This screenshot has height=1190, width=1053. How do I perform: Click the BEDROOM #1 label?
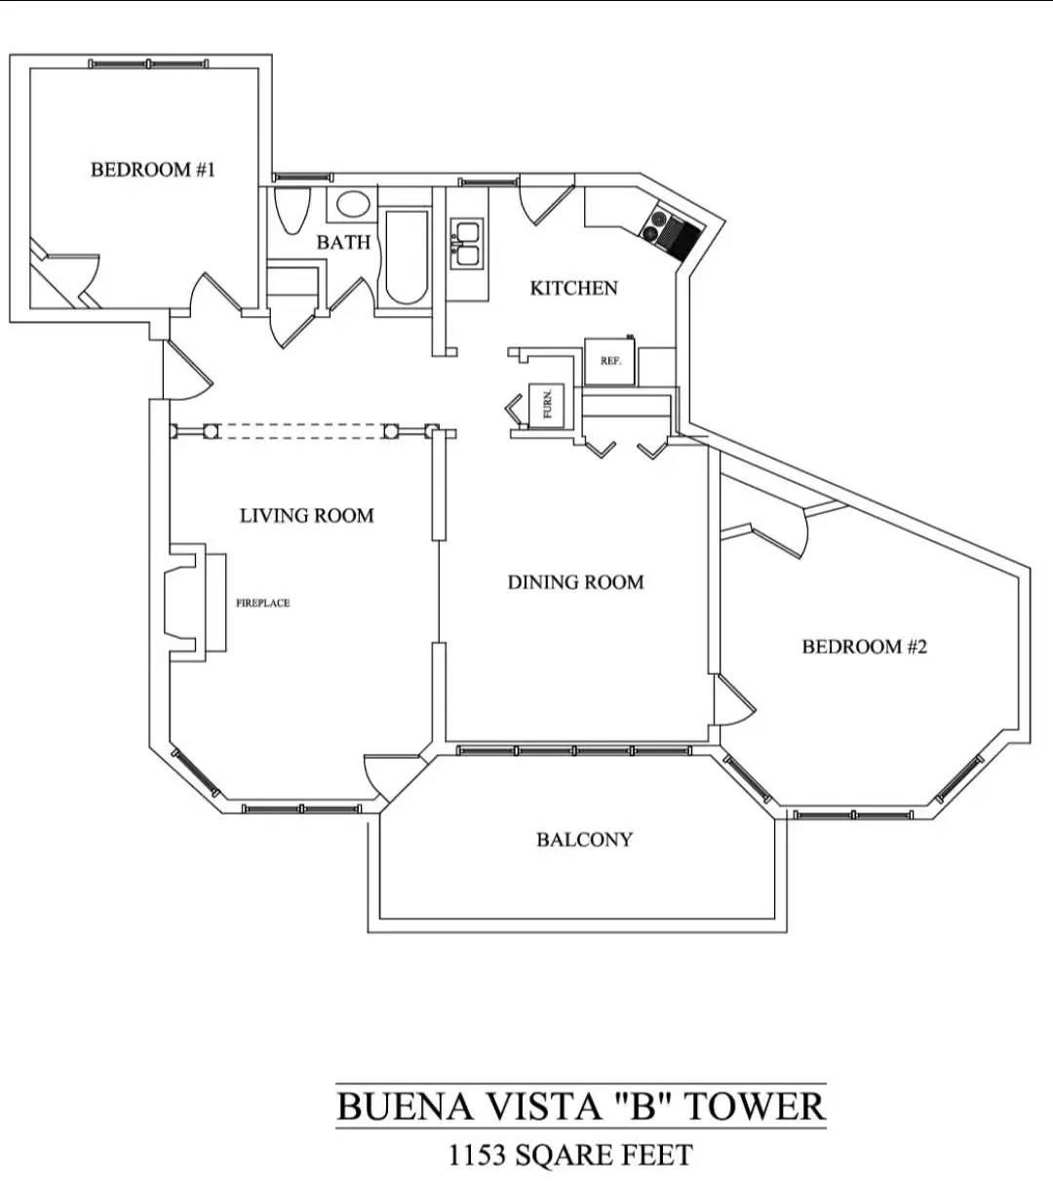(x=153, y=170)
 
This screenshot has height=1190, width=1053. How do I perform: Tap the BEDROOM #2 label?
(x=864, y=647)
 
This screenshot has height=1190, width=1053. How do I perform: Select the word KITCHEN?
(x=573, y=288)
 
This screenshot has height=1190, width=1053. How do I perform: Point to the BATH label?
(x=343, y=242)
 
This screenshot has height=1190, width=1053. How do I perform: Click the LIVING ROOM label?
(x=306, y=515)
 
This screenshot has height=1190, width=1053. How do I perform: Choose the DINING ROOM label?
(x=575, y=582)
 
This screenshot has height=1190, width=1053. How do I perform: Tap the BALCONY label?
(x=584, y=840)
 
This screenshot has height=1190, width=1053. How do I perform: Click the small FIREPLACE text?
(x=262, y=603)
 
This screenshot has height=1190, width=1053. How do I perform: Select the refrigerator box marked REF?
(x=610, y=361)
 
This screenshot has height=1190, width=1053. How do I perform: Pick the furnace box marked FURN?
(x=547, y=403)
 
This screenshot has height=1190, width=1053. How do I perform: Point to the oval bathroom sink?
(x=353, y=205)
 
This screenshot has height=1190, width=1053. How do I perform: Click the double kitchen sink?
(x=466, y=244)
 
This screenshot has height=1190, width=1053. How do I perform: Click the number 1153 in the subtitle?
(x=477, y=1156)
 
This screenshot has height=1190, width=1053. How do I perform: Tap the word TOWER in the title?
(x=754, y=1107)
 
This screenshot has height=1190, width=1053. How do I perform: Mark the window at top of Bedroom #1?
(x=148, y=64)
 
